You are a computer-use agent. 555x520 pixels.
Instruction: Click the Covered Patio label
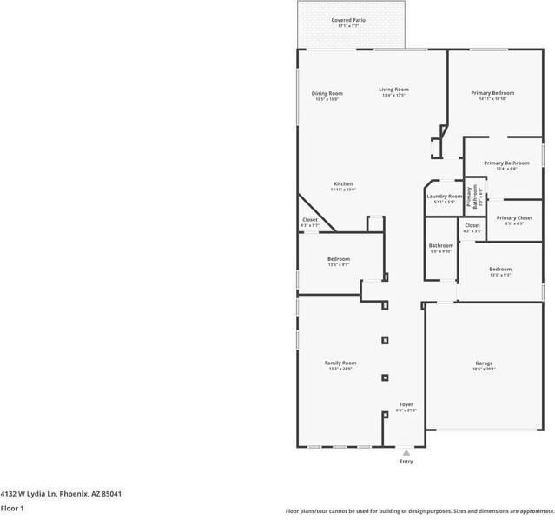(348, 19)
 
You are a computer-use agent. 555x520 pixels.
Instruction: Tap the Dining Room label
(327, 93)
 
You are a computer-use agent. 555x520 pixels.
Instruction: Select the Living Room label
(393, 89)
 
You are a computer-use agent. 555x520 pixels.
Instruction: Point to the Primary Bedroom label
(492, 93)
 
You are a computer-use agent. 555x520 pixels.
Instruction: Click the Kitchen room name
(343, 183)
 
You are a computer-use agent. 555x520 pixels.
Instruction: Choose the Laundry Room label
(444, 196)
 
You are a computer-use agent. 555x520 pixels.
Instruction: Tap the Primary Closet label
(513, 217)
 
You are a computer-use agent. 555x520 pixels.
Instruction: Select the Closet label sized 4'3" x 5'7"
(310, 220)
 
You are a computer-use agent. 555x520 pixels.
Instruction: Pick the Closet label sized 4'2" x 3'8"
(472, 225)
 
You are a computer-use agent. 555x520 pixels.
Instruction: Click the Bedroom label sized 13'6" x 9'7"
(339, 259)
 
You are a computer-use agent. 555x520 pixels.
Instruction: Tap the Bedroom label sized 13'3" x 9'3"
(500, 269)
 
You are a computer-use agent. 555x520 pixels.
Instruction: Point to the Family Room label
(340, 363)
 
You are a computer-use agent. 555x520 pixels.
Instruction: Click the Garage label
(484, 363)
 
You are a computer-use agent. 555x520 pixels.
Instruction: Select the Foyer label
(406, 404)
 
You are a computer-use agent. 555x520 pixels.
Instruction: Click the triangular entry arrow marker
(406, 452)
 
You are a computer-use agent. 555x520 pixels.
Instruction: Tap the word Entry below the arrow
(406, 462)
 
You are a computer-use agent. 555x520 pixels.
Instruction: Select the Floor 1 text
(12, 508)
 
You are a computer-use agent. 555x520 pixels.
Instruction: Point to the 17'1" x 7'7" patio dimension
(348, 26)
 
